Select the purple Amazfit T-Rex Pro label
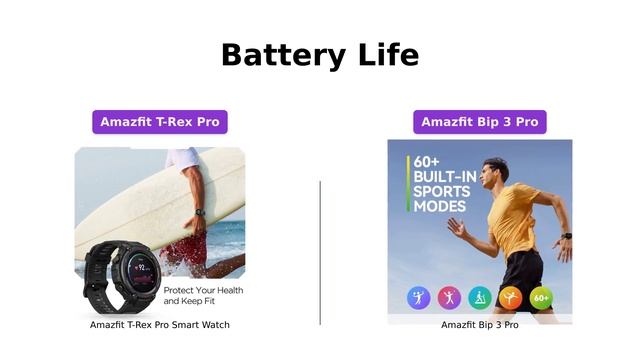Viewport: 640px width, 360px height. [x=160, y=122]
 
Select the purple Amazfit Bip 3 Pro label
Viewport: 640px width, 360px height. [x=480, y=122]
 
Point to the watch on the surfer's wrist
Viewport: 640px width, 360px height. [x=200, y=213]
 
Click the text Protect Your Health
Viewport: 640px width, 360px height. [x=203, y=290]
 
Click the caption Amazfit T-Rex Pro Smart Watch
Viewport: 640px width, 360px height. [x=160, y=325]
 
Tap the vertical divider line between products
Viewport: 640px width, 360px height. [x=320, y=252]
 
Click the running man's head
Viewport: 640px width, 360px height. [x=496, y=171]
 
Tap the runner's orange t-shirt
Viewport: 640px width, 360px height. [x=513, y=220]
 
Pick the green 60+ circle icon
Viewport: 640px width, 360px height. [x=541, y=298]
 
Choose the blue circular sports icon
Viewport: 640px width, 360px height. [x=419, y=298]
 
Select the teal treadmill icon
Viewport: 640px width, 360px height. [x=480, y=298]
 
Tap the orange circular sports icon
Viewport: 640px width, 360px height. [x=511, y=298]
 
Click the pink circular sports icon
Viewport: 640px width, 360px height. [x=450, y=298]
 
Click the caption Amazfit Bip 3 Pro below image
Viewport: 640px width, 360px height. [x=480, y=325]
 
